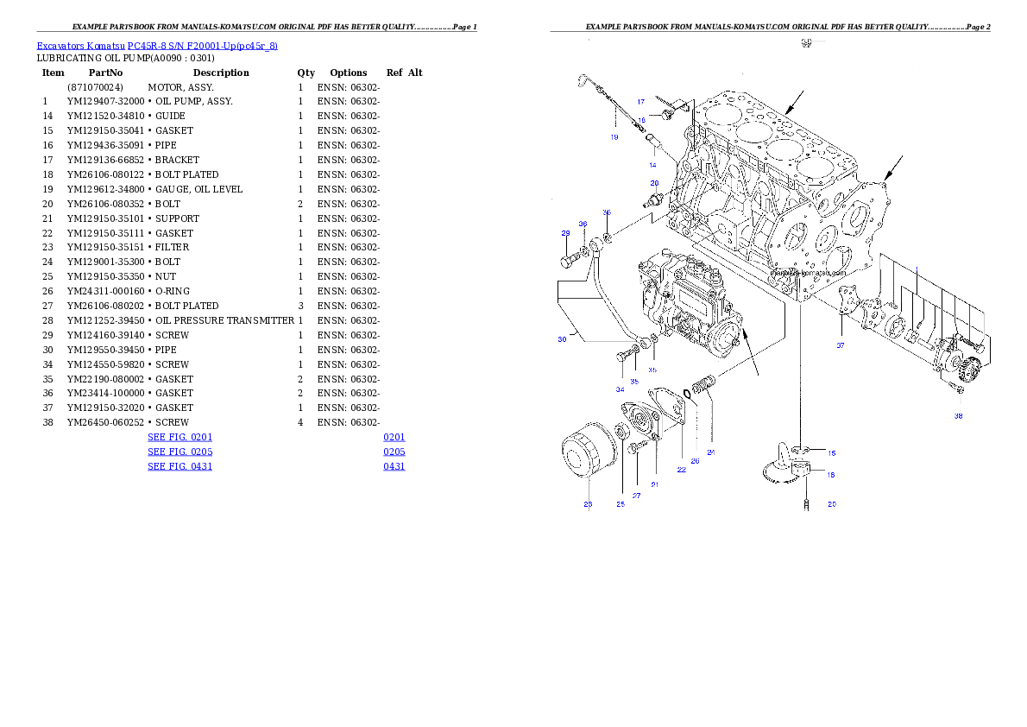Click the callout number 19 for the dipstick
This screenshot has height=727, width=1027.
[614, 136]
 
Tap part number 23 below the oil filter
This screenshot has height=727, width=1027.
[588, 504]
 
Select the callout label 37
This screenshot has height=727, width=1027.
[841, 345]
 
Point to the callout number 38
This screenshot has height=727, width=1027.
[958, 415]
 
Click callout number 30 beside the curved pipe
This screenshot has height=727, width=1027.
[562, 339]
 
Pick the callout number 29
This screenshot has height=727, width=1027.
[566, 233]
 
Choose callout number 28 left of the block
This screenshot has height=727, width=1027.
[654, 183]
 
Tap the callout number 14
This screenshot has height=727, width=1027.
[652, 164]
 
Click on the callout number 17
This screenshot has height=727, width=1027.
[641, 102]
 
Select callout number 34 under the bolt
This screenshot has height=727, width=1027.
[620, 389]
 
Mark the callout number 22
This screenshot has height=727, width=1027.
[681, 470]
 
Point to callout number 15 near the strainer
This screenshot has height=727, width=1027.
[831, 452]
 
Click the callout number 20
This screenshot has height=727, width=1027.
[831, 503]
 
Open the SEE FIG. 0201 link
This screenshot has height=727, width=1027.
[180, 437]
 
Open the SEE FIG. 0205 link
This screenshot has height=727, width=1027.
[180, 452]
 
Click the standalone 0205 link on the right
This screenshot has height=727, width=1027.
[394, 452]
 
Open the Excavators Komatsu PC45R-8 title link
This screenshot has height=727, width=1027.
[157, 46]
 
